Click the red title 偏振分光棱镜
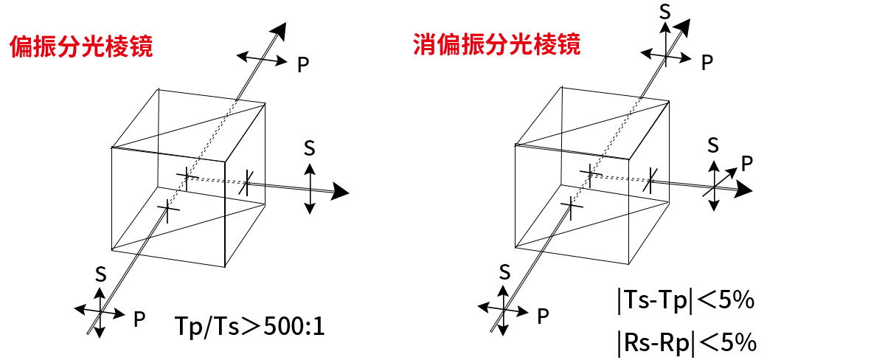coord(81,46)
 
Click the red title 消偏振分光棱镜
coord(496,44)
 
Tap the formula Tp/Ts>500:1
coord(250,327)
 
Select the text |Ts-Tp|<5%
coord(686,300)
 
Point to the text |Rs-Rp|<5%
coord(687,342)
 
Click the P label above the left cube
coord(303,64)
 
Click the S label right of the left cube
coord(309,148)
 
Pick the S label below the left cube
coord(101,274)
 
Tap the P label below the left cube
coord(139,319)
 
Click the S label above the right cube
coord(665,12)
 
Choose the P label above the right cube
coord(707,63)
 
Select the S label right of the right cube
coord(713,145)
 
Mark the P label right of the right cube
coord(746,163)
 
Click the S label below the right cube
coord(504,272)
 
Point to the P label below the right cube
coord(543,316)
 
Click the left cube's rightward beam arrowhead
coord(340,191)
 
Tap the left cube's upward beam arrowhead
coord(279,31)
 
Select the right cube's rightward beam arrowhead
coord(743,189)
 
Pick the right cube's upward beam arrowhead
coord(682,28)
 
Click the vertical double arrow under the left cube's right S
coord(310,189)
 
